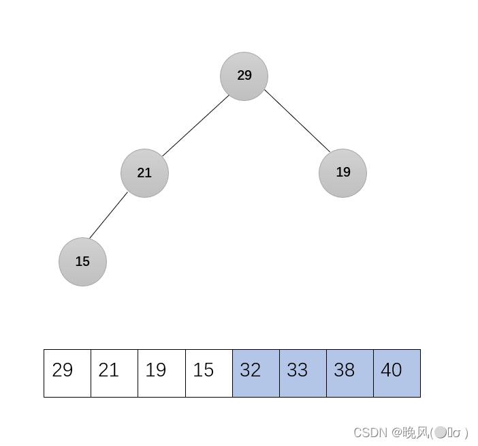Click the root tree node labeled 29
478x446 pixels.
(x=244, y=76)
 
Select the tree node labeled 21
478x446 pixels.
(x=144, y=173)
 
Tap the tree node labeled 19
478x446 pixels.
(x=342, y=173)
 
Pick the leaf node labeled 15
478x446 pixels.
(x=82, y=262)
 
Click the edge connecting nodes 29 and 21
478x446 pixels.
(x=195, y=125)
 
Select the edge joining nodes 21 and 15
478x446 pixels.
(x=108, y=215)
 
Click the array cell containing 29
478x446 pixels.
(x=67, y=373)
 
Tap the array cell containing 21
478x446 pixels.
(x=114, y=373)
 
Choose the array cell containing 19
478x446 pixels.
(x=161, y=373)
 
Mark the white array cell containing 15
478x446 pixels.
(x=208, y=373)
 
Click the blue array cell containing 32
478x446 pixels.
(x=255, y=373)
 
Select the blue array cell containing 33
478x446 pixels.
(x=302, y=373)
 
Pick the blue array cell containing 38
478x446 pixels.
(x=349, y=373)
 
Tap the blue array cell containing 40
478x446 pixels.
(x=396, y=373)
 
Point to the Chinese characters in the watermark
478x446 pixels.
(x=415, y=432)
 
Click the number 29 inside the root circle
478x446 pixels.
(x=244, y=76)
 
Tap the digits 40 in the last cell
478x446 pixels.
(x=391, y=370)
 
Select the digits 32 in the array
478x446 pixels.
(x=250, y=370)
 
